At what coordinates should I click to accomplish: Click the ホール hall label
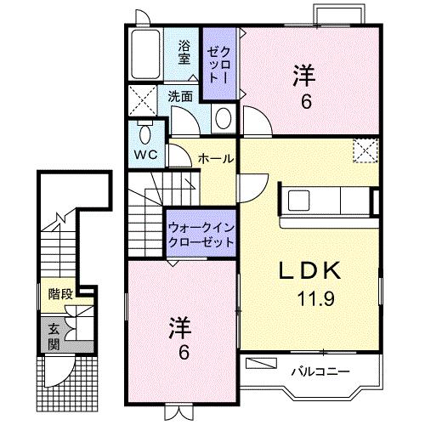[x=216, y=159]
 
